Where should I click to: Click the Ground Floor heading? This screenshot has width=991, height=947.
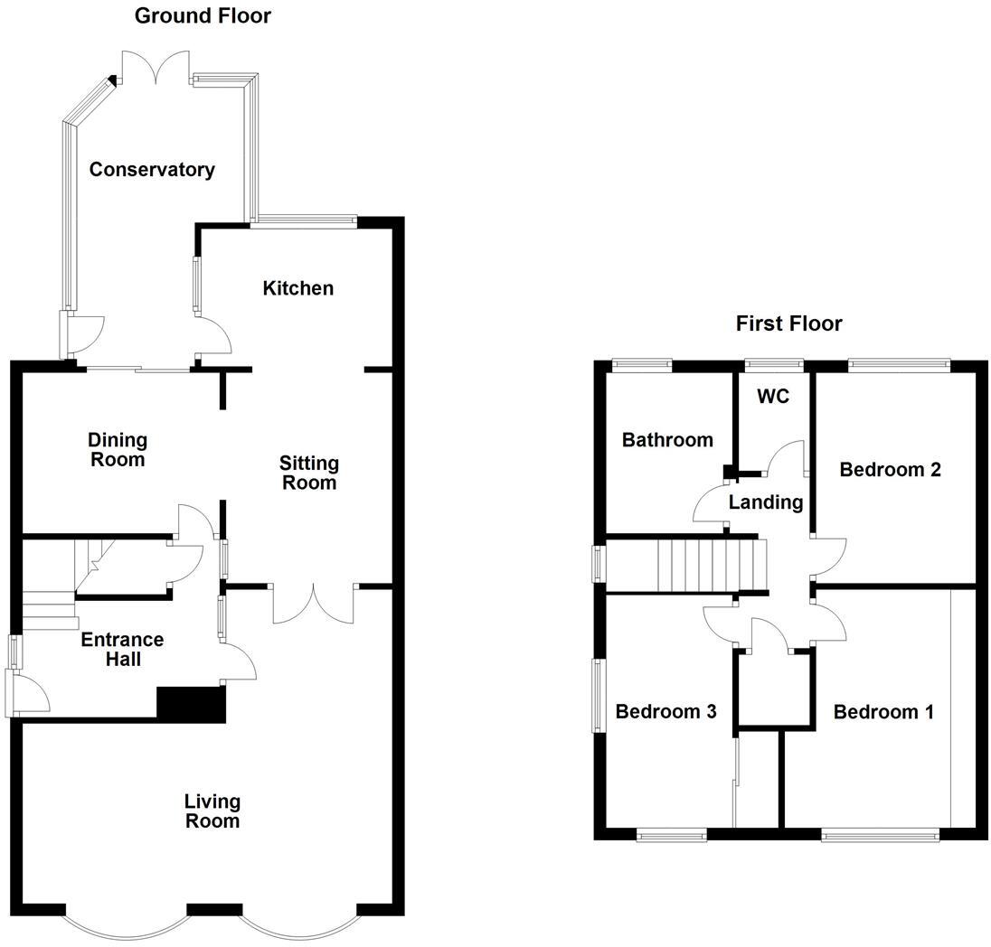click(x=203, y=15)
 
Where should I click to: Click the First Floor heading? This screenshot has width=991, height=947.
click(x=788, y=323)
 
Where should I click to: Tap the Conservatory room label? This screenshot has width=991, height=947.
click(x=152, y=170)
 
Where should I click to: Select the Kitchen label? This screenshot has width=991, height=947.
click(x=297, y=288)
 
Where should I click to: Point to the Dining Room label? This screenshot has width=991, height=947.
click(x=118, y=449)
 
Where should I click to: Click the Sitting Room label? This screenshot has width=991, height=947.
click(x=309, y=473)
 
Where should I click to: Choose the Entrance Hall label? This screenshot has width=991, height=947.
click(x=123, y=650)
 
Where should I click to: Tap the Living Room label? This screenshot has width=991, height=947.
click(x=212, y=811)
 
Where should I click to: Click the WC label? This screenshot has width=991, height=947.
click(x=774, y=397)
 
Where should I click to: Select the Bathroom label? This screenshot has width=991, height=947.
click(x=667, y=440)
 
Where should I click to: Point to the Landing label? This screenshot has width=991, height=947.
click(x=766, y=502)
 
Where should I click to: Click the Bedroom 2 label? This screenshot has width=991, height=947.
click(x=890, y=470)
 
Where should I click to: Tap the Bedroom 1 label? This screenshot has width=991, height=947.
click(x=883, y=712)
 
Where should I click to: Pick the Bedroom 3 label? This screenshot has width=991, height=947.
click(x=665, y=712)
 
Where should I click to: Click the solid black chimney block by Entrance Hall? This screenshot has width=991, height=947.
click(x=191, y=705)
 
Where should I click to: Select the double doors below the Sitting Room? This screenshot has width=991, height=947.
click(x=314, y=604)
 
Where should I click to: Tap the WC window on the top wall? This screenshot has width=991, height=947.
click(x=774, y=365)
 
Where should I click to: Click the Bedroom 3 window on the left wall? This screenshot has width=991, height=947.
click(x=599, y=695)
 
